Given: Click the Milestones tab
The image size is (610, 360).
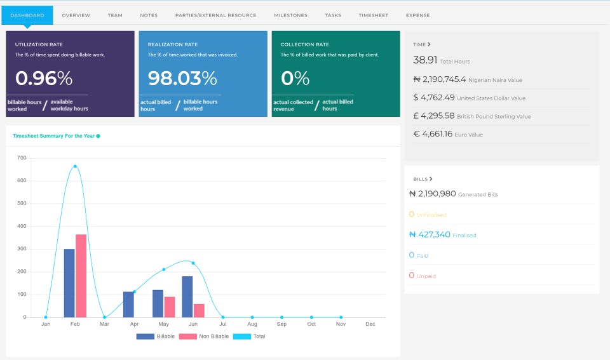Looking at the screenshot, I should [290, 15].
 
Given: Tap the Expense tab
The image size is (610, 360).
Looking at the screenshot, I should [417, 15].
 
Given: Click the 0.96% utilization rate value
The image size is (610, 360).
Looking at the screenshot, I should [44, 78].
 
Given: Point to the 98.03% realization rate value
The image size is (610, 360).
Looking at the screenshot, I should [182, 78].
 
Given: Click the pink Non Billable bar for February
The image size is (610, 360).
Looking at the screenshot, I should [81, 276].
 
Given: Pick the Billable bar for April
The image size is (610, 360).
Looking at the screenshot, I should [128, 304].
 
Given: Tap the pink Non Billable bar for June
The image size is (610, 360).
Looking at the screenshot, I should [199, 310].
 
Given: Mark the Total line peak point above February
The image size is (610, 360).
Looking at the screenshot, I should [75, 166].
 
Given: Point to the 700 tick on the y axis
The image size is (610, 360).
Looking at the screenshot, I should [22, 158].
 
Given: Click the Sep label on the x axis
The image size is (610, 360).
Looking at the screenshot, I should [281, 324].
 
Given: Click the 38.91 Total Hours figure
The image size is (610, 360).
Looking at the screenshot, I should [425, 60].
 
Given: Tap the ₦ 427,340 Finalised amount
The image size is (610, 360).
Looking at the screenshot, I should [430, 234].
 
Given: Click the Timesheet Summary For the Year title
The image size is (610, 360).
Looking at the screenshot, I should [53, 136].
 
